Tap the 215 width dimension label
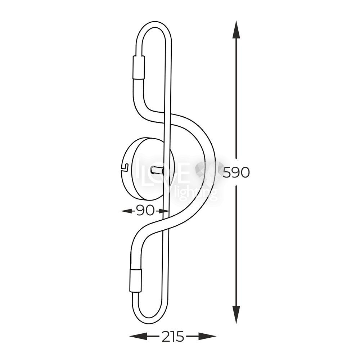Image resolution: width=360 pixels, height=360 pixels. tap(173, 337)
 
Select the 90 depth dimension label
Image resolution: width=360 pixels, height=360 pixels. tap(144, 210)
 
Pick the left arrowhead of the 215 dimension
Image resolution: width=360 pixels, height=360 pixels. tap(138, 337)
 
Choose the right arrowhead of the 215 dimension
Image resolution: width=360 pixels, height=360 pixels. tap(207, 337)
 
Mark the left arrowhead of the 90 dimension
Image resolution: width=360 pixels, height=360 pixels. tap(126, 210)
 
